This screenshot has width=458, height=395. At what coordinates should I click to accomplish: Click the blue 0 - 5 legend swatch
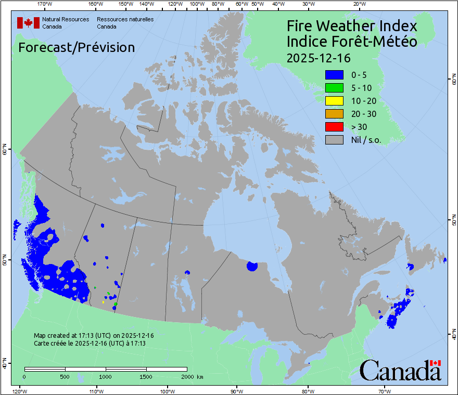click(334, 75)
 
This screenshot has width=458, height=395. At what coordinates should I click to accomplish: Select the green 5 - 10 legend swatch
click(334, 88)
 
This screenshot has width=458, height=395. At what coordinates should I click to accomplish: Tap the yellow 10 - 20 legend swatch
click(334, 101)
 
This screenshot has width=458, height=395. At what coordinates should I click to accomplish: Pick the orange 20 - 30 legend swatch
click(334, 114)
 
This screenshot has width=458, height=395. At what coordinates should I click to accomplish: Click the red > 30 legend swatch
click(334, 127)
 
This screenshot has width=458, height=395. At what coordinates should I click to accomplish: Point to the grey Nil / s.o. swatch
click(334, 140)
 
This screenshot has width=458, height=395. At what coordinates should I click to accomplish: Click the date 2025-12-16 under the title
click(319, 57)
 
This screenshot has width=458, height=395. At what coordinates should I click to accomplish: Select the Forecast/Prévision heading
click(77, 47)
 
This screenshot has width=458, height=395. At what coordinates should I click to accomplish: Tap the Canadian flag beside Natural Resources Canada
click(28, 23)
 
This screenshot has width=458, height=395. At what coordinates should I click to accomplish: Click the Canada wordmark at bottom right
click(400, 371)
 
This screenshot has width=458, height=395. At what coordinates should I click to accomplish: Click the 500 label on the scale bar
click(65, 376)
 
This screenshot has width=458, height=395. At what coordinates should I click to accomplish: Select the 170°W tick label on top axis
click(45, 4)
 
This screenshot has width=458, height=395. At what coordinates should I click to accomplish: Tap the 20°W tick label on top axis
click(358, 4)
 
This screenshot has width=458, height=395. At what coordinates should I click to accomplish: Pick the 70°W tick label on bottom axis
click(385, 390)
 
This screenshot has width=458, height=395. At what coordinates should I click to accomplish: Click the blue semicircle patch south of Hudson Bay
click(252, 266)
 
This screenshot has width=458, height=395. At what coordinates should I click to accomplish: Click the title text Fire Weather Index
click(352, 26)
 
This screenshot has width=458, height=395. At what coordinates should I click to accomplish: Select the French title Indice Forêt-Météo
click(352, 42)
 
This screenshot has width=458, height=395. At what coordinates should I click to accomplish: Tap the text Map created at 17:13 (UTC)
click(94, 336)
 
